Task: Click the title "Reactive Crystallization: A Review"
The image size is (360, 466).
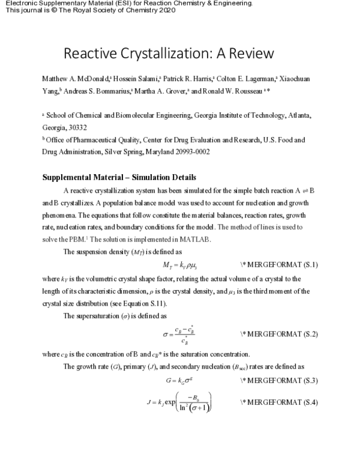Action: click(169, 53)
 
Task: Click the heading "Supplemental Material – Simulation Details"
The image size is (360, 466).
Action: click(118, 177)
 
